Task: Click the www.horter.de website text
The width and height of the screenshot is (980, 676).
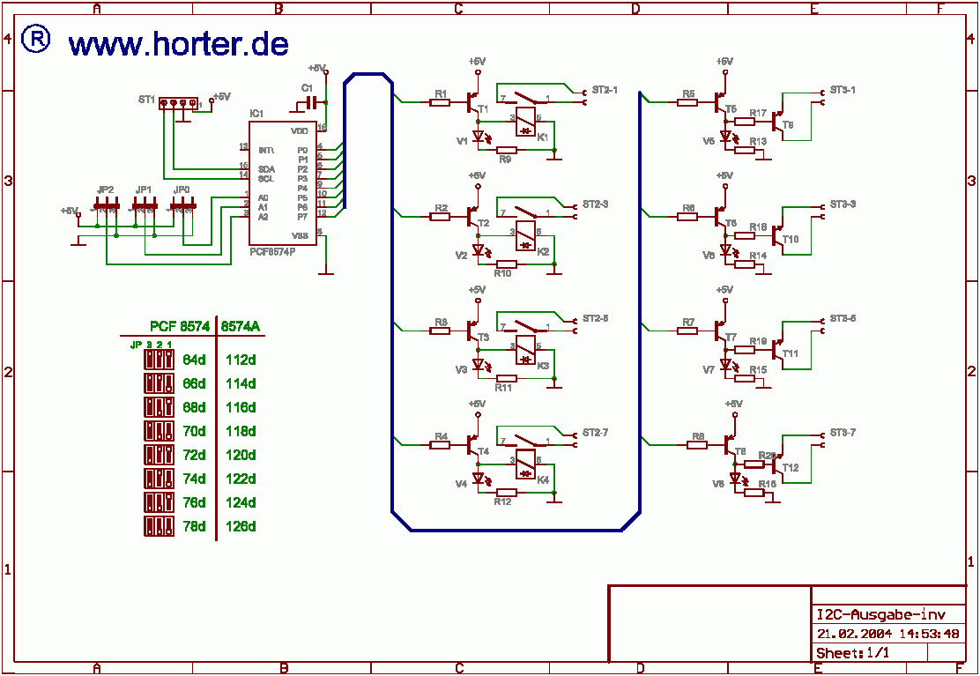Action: point(179,43)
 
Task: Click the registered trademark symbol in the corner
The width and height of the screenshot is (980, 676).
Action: point(35,39)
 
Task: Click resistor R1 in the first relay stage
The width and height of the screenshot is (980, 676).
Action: point(441,103)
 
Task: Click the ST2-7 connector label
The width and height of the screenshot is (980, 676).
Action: point(595,433)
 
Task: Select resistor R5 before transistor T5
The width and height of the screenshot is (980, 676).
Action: point(688,103)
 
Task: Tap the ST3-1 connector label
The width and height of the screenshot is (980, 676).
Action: point(843,90)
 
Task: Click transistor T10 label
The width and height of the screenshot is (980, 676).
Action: point(791,239)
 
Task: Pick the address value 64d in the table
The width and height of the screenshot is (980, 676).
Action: point(194,360)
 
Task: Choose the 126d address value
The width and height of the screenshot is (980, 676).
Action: point(241,526)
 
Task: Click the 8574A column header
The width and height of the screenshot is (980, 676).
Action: point(240,327)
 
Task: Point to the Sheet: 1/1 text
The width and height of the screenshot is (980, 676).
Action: point(852,653)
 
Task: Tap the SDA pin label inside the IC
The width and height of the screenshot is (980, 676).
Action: point(266,168)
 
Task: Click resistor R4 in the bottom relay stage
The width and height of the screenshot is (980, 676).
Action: point(441,446)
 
